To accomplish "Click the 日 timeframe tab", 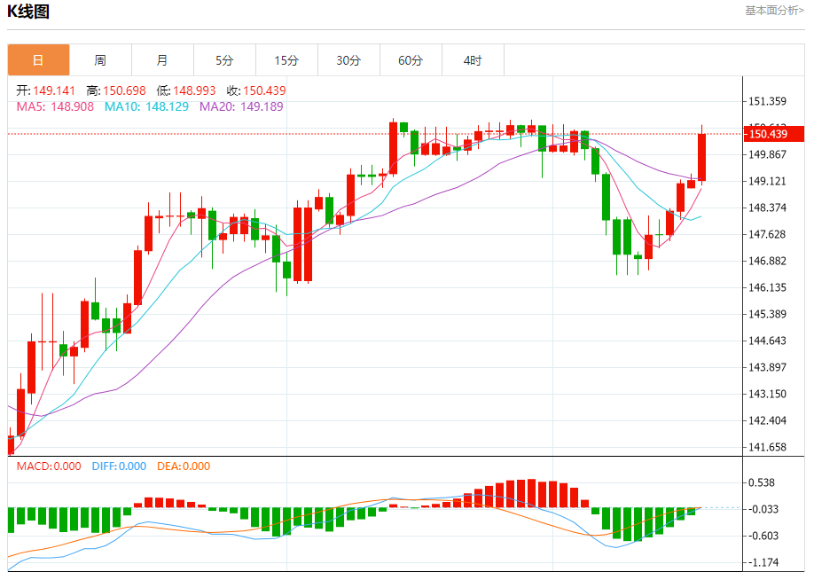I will coord(38,60).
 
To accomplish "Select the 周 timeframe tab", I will coord(100,60).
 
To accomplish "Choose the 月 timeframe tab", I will coord(162,60).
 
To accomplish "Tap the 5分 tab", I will coord(224,60).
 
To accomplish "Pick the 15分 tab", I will coord(286,60).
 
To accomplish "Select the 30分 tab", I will coord(348,60).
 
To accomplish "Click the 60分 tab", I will coord(411,60).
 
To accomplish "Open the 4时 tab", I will coord(473,60).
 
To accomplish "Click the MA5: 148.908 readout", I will coord(55,106).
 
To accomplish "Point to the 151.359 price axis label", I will coord(769,101).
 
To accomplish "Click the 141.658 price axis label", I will coord(769,447).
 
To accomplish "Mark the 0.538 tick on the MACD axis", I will coord(763,482).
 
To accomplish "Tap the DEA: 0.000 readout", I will coord(184,466).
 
